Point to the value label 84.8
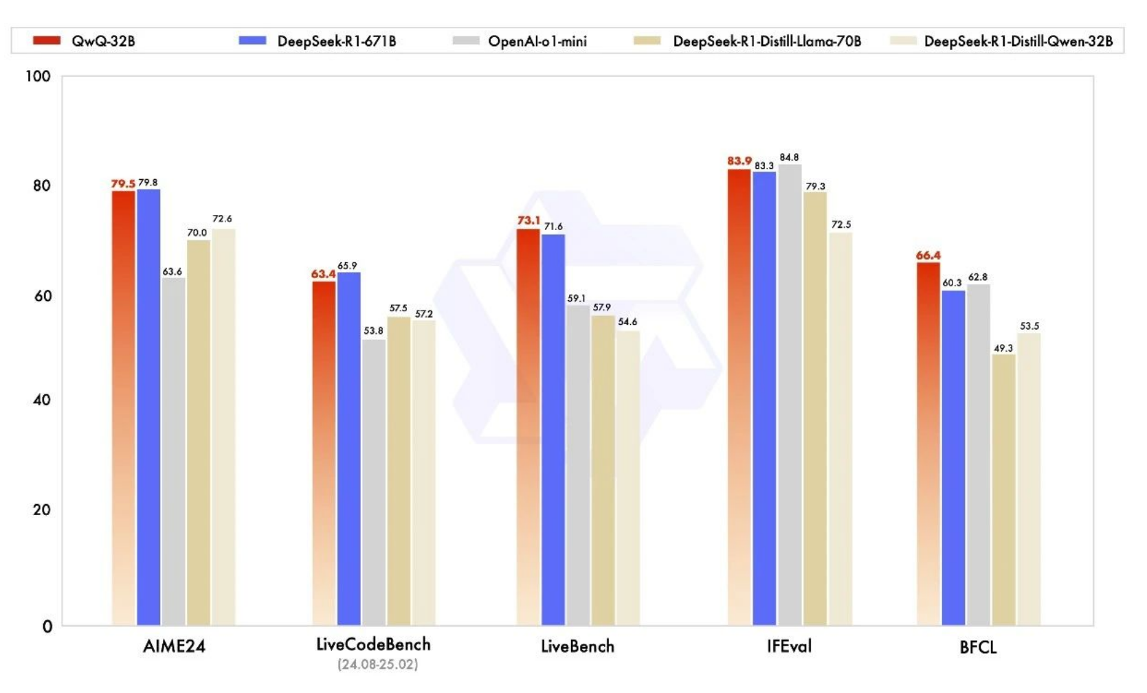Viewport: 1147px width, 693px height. click(x=789, y=157)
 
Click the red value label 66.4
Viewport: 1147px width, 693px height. click(x=928, y=255)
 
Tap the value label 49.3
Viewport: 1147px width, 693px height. click(x=1003, y=348)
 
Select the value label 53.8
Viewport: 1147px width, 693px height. click(x=373, y=330)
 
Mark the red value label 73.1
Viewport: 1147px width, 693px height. click(x=528, y=220)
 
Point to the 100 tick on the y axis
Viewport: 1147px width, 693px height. click(x=38, y=76)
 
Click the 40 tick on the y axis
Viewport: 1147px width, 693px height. click(x=41, y=400)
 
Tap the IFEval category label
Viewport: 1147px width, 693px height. click(x=789, y=646)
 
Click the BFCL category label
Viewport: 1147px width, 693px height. click(x=977, y=648)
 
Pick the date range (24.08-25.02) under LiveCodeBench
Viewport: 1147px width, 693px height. click(x=377, y=664)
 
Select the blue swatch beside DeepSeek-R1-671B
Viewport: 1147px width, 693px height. click(x=252, y=41)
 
